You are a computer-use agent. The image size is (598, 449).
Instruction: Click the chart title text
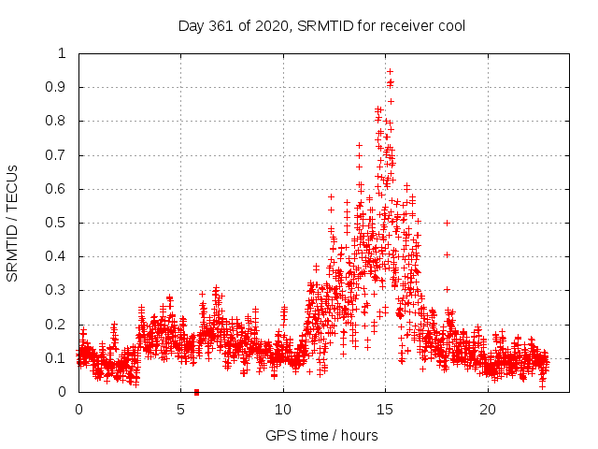321,25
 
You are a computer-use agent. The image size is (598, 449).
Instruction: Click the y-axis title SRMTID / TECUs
12,223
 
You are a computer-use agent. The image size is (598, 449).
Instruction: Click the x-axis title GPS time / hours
321,435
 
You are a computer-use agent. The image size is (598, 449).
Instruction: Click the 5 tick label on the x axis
181,410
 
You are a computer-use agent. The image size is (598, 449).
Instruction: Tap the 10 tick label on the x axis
283,410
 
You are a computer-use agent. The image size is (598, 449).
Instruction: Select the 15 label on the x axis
385,410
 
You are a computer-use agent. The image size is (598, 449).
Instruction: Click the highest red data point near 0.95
390,71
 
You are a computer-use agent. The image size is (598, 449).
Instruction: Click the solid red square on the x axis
196,392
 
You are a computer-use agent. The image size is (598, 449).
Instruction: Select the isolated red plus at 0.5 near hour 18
448,223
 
